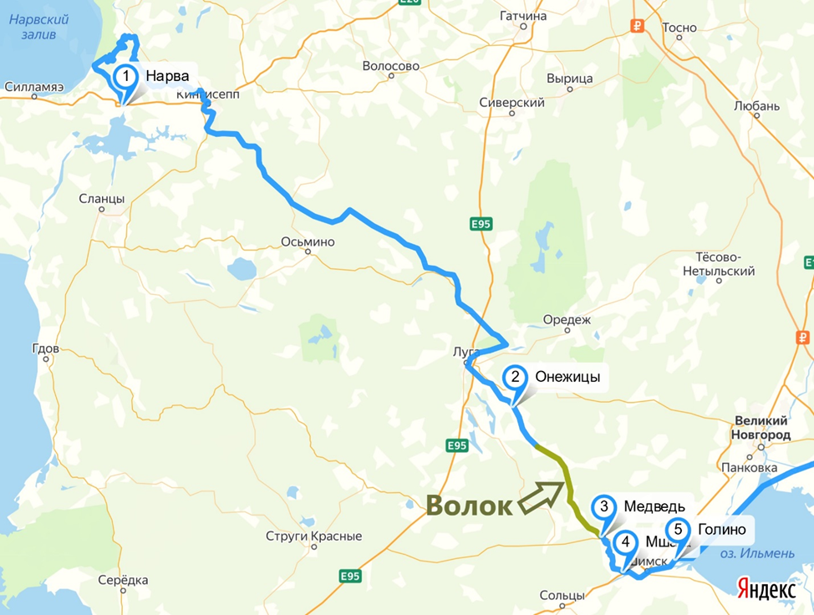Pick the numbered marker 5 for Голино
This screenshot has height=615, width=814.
(x=678, y=530)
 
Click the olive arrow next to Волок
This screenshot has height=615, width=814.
(x=541, y=495)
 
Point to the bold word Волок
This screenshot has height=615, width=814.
(x=469, y=506)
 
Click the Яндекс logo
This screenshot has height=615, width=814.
(x=766, y=588)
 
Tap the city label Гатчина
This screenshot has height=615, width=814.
(x=523, y=15)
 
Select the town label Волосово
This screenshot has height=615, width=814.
(x=390, y=66)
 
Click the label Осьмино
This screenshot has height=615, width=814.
(x=308, y=242)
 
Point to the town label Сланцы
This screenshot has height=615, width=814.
(x=101, y=199)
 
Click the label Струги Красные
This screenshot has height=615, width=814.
(x=313, y=536)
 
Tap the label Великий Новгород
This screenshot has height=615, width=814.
(x=761, y=428)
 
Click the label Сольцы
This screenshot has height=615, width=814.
(x=562, y=596)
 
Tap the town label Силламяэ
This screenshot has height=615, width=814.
(x=33, y=86)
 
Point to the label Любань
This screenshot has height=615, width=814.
(x=756, y=106)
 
